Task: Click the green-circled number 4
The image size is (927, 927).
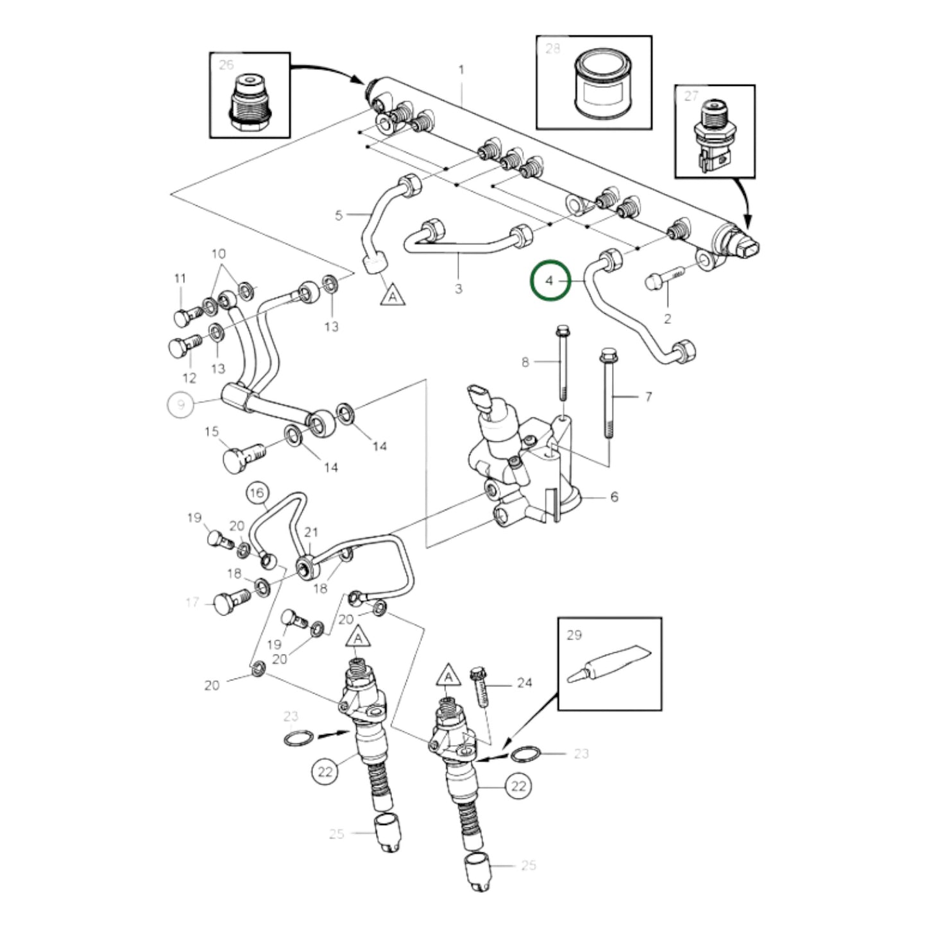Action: point(550,280)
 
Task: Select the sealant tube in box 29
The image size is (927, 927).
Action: point(609,664)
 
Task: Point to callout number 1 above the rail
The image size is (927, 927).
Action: point(461,69)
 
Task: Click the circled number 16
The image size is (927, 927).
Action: point(257,493)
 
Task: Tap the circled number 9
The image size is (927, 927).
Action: point(181,404)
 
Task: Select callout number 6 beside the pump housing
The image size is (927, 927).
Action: point(614,497)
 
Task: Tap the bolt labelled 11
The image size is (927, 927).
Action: point(188,315)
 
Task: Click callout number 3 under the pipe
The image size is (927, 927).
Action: point(458,289)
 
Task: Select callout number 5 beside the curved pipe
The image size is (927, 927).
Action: point(339,215)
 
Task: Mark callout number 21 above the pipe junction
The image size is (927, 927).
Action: point(311,532)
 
